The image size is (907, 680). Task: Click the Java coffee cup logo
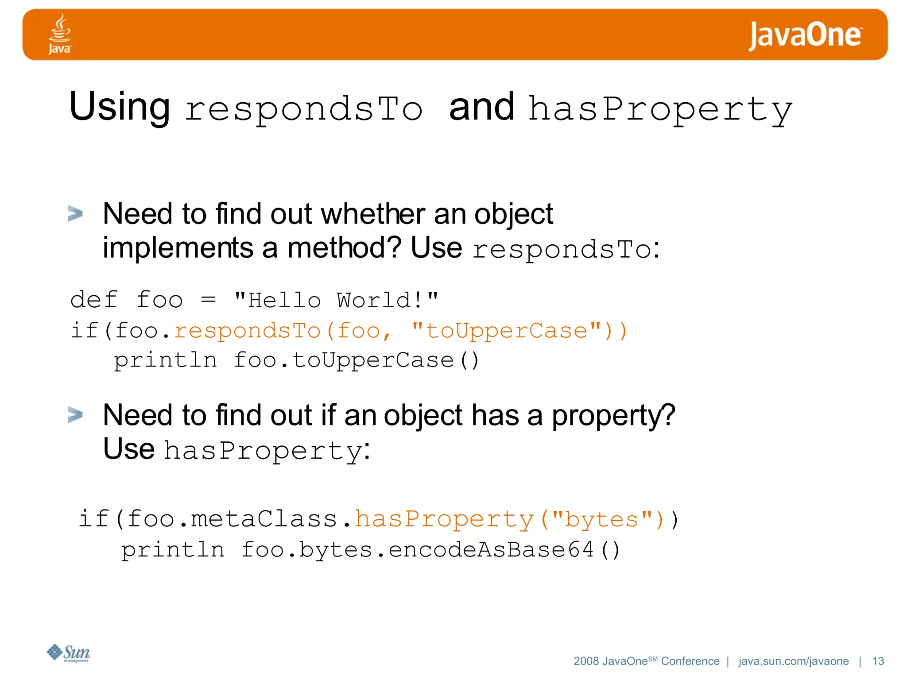pos(59,34)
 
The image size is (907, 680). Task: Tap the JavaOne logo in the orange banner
pos(805,35)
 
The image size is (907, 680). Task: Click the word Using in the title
pos(120,107)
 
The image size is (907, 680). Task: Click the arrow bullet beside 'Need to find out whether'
pos(75,213)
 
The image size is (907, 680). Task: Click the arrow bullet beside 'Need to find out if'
pos(75,415)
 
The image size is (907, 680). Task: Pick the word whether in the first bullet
pos(373,214)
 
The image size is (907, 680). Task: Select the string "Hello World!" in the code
pos(336,301)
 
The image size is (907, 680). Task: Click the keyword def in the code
pos(94,301)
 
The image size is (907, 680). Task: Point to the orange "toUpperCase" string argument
pos(506,331)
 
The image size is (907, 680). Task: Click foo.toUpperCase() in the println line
pos(357,360)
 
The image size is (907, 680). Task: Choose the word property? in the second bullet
pos(613,416)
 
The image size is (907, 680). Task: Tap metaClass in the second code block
pos(264,519)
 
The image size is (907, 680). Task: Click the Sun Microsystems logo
pos(69,653)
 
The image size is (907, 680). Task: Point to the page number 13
pos(878,661)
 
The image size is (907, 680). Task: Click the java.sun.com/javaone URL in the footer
pos(793,661)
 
